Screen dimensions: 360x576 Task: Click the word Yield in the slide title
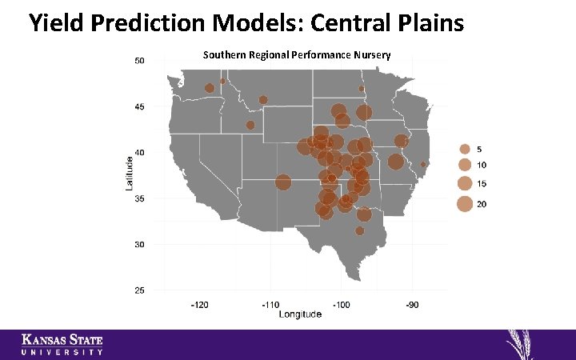(x=58, y=23)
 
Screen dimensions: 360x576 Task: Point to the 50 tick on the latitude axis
(x=139, y=60)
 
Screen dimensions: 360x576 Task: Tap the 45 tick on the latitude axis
(x=139, y=106)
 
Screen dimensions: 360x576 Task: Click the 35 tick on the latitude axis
(x=139, y=198)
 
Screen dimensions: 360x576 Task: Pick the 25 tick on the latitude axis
(x=139, y=290)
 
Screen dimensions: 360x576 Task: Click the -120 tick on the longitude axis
(x=199, y=305)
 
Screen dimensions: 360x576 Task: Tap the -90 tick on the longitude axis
(x=412, y=305)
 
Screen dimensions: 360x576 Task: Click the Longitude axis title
(x=300, y=314)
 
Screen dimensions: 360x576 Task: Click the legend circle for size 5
(x=464, y=149)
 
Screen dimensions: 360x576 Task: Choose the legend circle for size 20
(x=464, y=204)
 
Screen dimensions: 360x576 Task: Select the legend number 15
(x=482, y=184)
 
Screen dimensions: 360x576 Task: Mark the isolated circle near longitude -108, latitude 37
(x=283, y=182)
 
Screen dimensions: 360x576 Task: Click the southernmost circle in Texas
(x=360, y=231)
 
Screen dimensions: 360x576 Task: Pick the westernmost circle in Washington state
(x=210, y=88)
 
